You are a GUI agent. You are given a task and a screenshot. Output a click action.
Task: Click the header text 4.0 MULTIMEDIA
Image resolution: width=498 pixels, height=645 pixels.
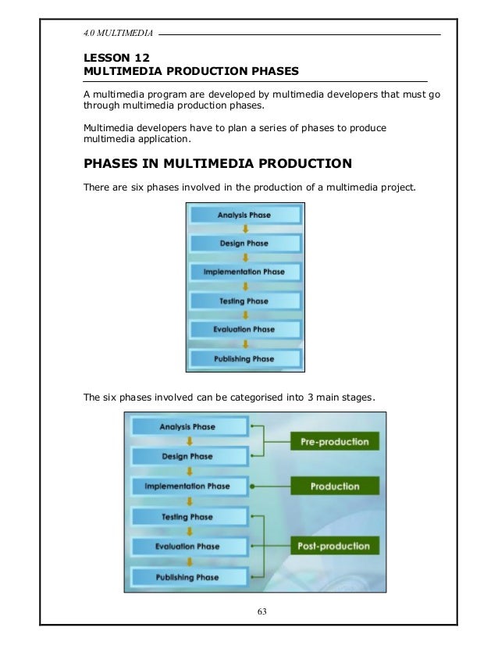(x=118, y=34)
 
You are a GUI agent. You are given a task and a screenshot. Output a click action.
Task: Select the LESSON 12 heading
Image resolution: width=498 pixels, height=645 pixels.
(x=116, y=57)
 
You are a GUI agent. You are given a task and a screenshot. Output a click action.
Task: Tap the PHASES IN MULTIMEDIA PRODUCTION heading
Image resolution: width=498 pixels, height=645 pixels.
(x=218, y=164)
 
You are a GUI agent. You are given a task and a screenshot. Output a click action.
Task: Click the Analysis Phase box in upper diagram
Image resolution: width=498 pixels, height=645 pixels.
(x=244, y=215)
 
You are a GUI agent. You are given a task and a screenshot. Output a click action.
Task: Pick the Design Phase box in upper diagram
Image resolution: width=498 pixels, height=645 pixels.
(x=244, y=244)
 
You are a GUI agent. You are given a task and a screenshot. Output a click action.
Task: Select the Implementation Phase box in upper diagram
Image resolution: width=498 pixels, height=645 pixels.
(x=244, y=272)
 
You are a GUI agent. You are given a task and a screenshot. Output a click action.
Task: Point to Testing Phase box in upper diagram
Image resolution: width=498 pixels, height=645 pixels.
(x=244, y=301)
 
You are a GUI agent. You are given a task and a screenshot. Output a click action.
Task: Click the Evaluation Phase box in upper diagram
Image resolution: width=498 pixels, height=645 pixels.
(x=244, y=330)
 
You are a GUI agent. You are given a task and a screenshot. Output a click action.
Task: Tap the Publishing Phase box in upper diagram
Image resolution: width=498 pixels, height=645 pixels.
(x=244, y=358)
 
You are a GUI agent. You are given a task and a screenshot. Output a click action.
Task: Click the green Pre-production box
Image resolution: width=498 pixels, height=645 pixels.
(x=335, y=442)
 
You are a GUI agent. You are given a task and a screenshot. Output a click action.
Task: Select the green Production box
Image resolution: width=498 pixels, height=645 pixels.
(x=335, y=486)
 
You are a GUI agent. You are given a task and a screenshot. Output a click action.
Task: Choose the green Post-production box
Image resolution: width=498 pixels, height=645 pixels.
(x=335, y=546)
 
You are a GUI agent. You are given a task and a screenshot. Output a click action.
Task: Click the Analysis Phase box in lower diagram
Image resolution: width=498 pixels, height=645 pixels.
(x=188, y=427)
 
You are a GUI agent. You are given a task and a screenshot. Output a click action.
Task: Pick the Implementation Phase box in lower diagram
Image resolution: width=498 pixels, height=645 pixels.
(x=188, y=486)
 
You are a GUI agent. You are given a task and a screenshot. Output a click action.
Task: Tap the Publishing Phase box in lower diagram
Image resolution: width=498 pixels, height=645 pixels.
(x=188, y=576)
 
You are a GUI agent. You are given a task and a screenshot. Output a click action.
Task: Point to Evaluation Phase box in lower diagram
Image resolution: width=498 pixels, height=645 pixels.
(x=188, y=547)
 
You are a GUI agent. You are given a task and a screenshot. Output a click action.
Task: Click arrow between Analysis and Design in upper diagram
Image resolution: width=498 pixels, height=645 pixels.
(x=244, y=229)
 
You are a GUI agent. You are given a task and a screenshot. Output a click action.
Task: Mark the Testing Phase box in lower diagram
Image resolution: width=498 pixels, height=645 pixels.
(x=188, y=517)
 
